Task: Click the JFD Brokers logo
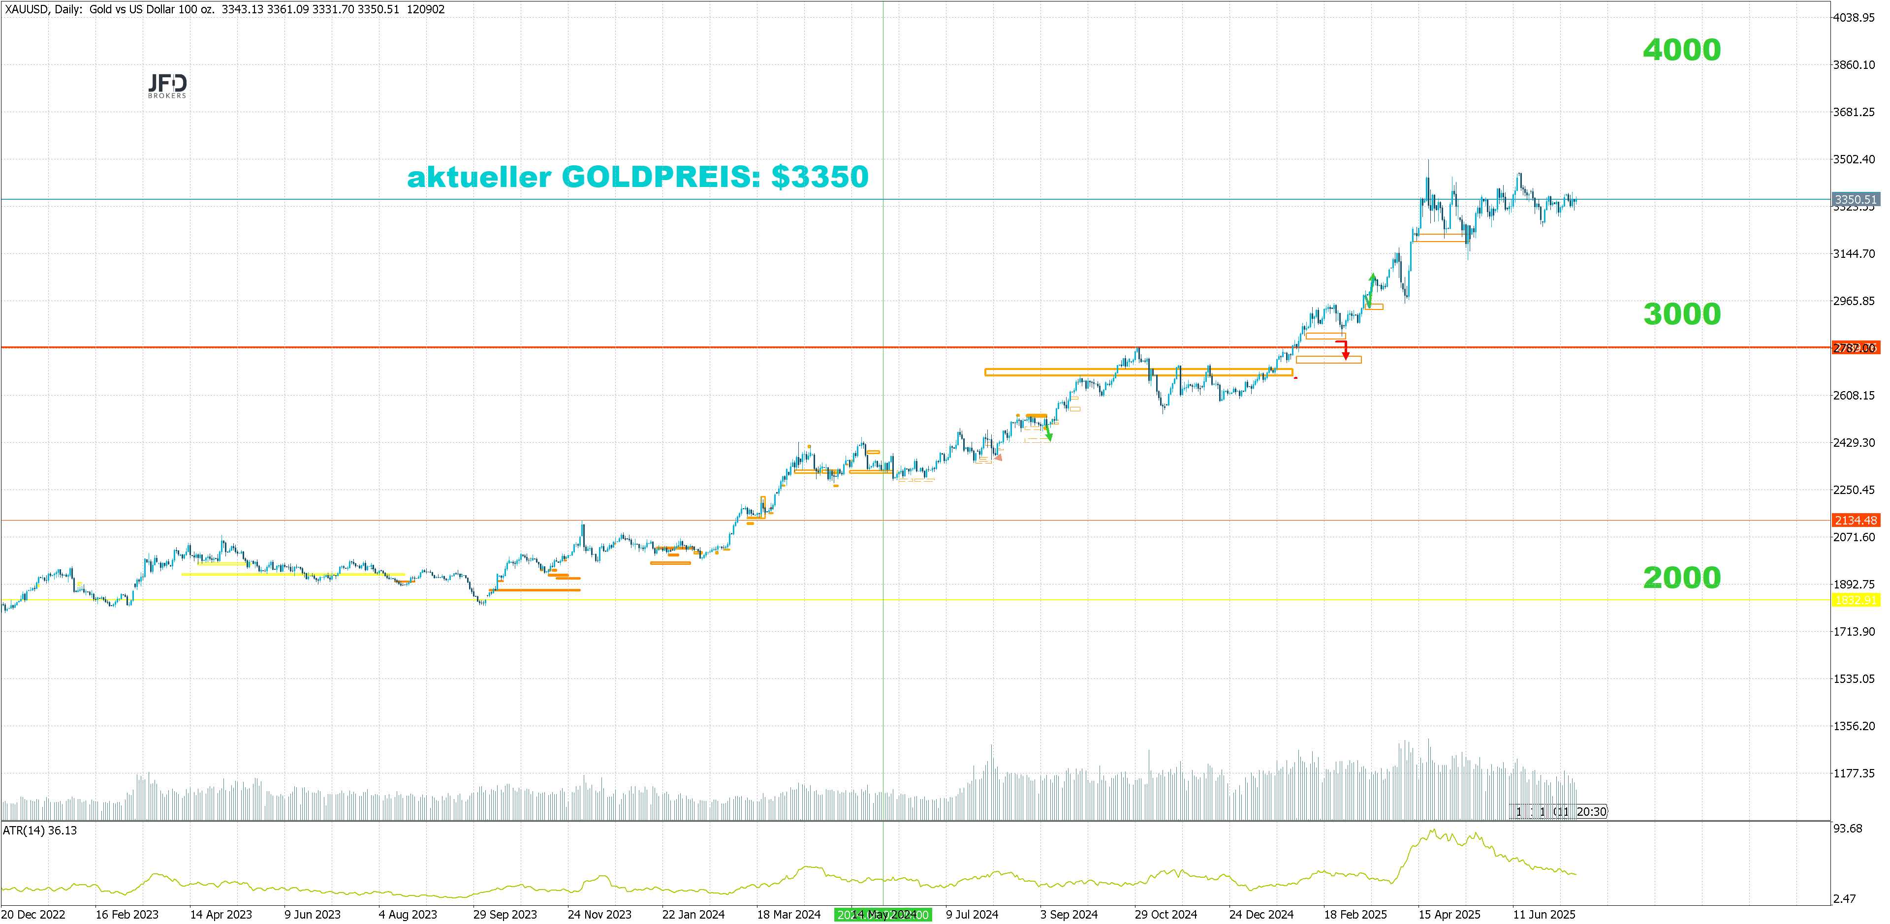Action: [167, 85]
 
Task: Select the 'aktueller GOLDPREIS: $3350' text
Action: [637, 177]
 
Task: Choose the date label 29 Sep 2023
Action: [505, 915]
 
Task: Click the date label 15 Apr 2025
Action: [1449, 915]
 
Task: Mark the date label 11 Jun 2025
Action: [1543, 915]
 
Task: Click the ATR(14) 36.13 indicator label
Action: [40, 830]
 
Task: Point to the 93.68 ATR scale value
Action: [1848, 829]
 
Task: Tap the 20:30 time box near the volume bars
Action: [1591, 811]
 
